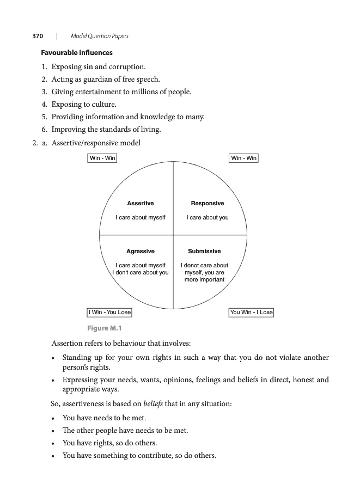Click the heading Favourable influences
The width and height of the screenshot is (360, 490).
tap(77, 53)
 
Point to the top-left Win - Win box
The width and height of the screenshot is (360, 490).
tap(102, 158)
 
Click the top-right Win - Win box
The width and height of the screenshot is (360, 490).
tap(244, 158)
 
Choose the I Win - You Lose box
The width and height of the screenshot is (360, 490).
tap(109, 313)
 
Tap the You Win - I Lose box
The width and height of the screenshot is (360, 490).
tap(251, 313)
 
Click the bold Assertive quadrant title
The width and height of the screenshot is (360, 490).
tap(141, 204)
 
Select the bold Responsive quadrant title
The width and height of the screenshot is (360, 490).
tap(208, 204)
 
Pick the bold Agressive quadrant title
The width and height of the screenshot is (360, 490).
tap(141, 252)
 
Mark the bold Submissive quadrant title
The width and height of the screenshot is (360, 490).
tap(205, 252)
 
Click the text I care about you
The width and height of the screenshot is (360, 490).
tap(208, 218)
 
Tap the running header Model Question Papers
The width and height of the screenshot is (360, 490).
tap(100, 36)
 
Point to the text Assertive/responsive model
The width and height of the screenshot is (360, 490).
tap(96, 143)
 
